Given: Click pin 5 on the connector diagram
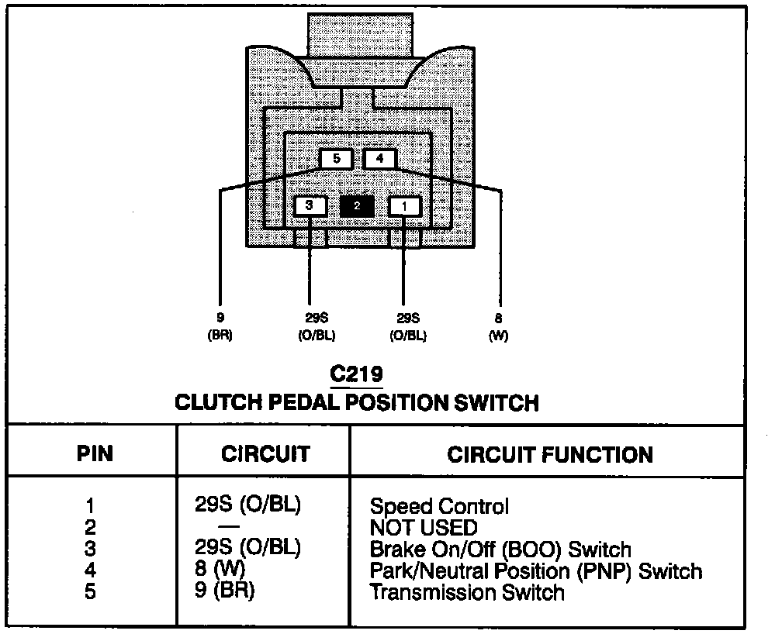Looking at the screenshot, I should (x=336, y=160).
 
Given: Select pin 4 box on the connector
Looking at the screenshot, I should (x=379, y=160).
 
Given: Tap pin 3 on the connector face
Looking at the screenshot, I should (x=310, y=206).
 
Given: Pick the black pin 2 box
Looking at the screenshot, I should (x=357, y=206).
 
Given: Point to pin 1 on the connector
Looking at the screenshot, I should (x=404, y=206).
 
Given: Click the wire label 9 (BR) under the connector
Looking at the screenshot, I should (x=220, y=326).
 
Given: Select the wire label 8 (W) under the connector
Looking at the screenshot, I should (x=498, y=326).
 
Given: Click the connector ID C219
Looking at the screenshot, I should (x=356, y=375).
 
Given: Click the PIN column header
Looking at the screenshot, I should (x=95, y=453).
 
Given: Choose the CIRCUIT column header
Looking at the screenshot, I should (x=265, y=453).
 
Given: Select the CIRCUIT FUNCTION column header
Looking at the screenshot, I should (x=549, y=454).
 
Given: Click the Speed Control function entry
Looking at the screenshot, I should (x=439, y=507).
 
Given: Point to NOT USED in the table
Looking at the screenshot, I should (x=424, y=529).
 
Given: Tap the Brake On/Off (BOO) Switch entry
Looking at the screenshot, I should (x=500, y=550).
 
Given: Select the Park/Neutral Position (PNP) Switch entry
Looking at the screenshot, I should (x=536, y=572).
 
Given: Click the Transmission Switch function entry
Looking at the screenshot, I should (x=467, y=593).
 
